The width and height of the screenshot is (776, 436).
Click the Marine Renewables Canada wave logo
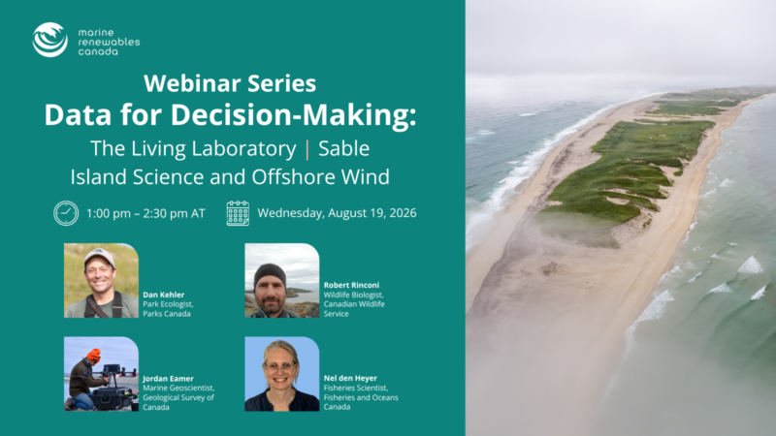tap(50, 40)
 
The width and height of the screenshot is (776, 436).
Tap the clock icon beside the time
tap(66, 213)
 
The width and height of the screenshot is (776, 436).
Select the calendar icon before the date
tap(238, 213)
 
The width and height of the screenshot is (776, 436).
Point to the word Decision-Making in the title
tap(294, 114)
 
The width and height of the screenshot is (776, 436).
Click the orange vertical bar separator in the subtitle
tap(307, 149)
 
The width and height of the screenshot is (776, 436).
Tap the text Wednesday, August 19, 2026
tap(337, 213)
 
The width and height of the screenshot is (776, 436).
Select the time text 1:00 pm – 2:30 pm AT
tap(145, 213)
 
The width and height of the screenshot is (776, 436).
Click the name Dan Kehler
tap(163, 295)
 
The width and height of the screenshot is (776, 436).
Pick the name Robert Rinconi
tap(351, 285)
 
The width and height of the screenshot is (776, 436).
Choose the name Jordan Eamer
tap(168, 379)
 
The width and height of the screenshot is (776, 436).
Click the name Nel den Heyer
tap(350, 378)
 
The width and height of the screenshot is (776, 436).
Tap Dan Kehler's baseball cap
tap(99, 257)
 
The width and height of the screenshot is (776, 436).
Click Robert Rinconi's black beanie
tap(270, 273)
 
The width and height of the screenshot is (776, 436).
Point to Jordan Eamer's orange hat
tap(93, 355)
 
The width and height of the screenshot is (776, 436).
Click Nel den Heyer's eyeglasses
tap(280, 367)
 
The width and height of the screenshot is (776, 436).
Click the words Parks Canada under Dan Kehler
tap(167, 314)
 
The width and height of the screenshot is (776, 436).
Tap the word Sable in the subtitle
tap(344, 149)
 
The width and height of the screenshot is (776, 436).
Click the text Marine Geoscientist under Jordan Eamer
tap(178, 389)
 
